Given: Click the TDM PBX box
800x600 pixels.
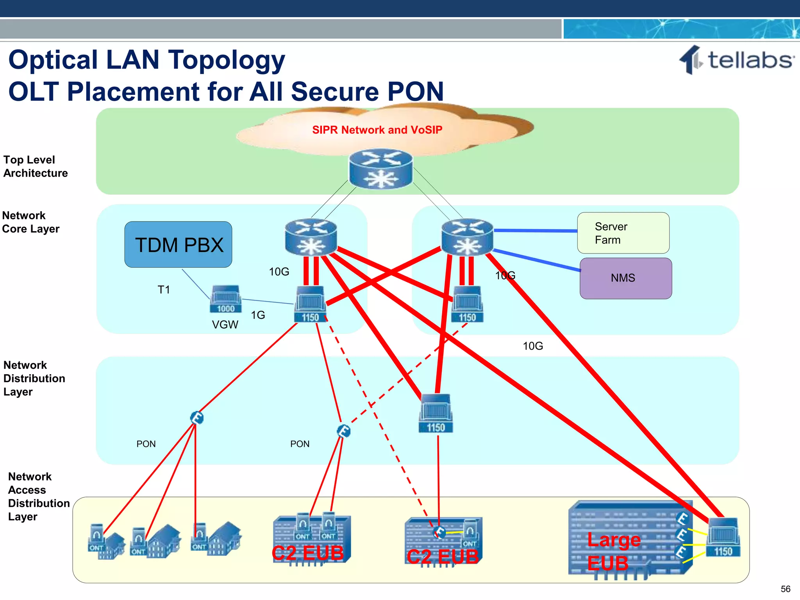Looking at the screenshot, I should tap(178, 245).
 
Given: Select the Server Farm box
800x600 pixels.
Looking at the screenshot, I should tap(623, 233).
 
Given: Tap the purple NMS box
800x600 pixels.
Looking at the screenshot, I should tap(625, 278).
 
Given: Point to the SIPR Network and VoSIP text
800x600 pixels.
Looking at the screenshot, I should tap(377, 130).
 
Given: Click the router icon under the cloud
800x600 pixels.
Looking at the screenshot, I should tap(380, 169).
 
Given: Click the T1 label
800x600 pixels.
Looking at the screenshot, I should tap(164, 290).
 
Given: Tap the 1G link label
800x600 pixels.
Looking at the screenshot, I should tap(258, 315).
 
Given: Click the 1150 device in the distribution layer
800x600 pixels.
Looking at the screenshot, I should tap(436, 414).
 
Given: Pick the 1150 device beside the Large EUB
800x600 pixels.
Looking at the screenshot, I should tap(723, 537).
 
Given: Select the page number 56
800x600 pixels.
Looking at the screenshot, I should tap(785, 589).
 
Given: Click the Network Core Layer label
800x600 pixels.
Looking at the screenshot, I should tap(31, 222).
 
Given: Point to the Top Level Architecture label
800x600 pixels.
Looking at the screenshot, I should tap(35, 166).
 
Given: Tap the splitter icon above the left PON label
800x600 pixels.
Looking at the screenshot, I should tap(197, 418).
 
